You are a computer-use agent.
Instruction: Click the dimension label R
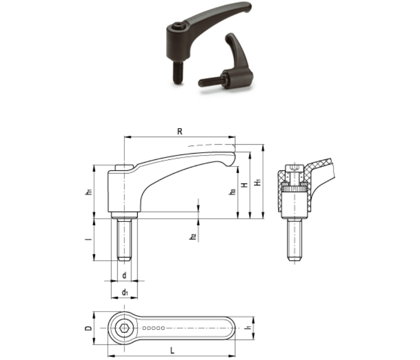tap(180, 131)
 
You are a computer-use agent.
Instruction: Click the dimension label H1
tap(258, 182)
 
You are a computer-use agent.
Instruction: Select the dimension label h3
tap(233, 191)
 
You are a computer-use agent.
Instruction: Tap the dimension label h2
tap(193, 237)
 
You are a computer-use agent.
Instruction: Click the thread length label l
tap(90, 239)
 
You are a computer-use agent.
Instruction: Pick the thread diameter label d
tap(124, 275)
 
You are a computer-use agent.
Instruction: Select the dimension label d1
tap(125, 292)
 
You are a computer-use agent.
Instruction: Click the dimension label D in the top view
tap(89, 328)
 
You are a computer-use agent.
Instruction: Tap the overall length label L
tap(172, 350)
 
